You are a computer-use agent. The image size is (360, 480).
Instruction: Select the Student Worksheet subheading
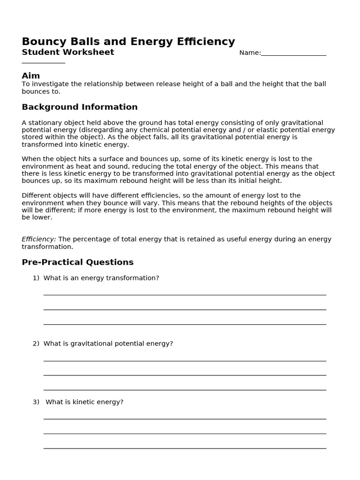68,52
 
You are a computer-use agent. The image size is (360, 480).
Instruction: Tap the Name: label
250,53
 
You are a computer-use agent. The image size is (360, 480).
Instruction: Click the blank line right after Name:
293,55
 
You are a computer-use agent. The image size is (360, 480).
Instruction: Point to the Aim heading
31,76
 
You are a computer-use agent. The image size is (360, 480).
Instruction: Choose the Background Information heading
80,107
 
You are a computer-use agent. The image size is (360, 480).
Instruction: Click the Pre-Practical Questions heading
78,262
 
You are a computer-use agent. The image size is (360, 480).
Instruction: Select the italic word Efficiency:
39,239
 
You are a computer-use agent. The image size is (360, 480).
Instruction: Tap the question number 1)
36,278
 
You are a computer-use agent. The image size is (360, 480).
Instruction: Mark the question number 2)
36,344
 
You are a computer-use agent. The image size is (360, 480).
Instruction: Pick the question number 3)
36,402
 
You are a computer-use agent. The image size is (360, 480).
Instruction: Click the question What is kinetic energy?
84,402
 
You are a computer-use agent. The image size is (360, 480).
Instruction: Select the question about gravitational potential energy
108,344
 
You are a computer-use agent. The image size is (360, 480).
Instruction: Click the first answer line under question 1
185,294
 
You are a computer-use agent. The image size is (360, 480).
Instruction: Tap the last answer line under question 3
185,448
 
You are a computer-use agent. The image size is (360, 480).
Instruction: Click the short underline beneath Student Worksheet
43,62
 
